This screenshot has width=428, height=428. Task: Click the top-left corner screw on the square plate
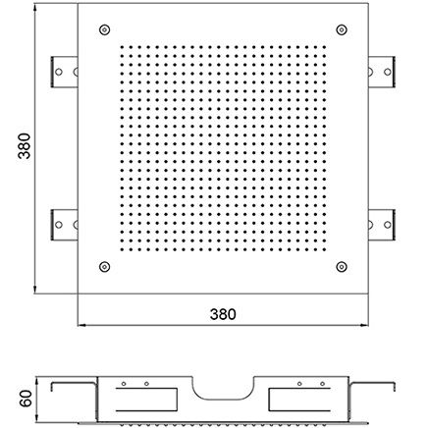pyautogui.click(x=104, y=29)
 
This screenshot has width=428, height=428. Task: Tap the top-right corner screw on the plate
pyautogui.click(x=342, y=29)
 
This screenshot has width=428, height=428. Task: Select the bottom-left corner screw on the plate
pyautogui.click(x=104, y=267)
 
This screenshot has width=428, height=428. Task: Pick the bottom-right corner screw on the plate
pyautogui.click(x=342, y=267)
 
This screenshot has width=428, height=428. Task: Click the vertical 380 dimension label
pyautogui.click(x=25, y=146)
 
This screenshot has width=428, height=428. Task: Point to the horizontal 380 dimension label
pyautogui.click(x=223, y=314)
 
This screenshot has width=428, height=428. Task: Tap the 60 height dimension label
pyautogui.click(x=26, y=399)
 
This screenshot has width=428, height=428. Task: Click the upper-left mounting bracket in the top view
pyautogui.click(x=65, y=72)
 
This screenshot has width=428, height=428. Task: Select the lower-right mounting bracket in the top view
pyautogui.click(x=382, y=225)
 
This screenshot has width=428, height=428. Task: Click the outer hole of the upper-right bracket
pyautogui.click(x=388, y=72)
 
